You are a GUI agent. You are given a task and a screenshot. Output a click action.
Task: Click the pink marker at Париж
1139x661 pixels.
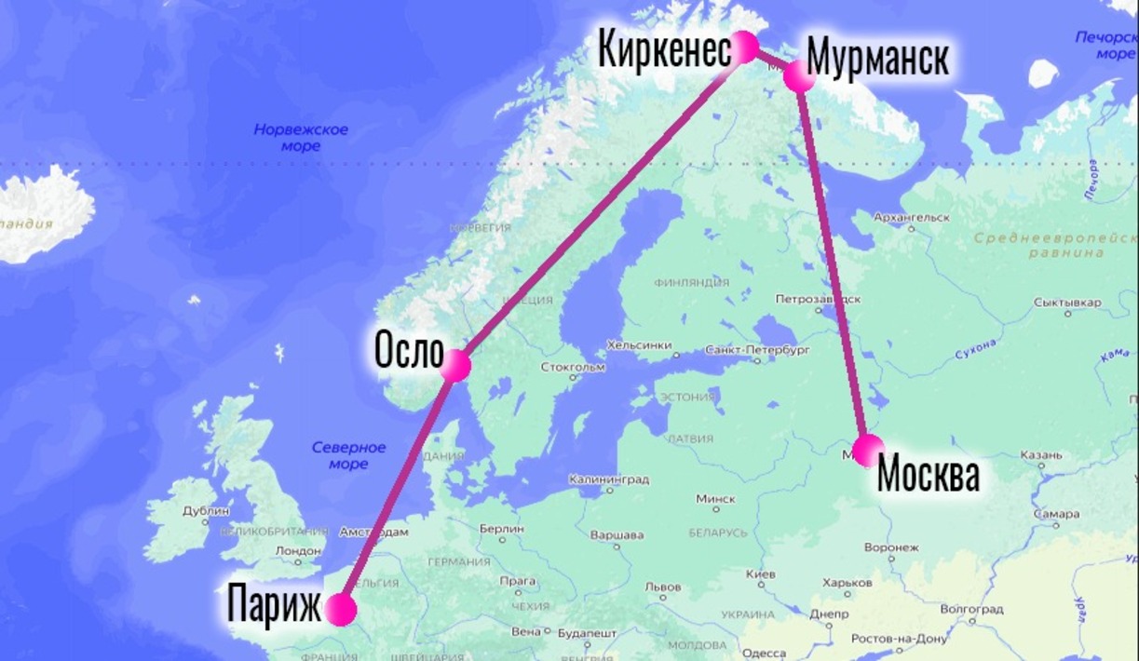coord(341,610)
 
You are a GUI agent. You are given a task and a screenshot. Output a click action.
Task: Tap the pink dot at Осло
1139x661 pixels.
coord(456,365)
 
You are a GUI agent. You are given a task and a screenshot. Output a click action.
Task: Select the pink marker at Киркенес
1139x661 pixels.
coord(745,47)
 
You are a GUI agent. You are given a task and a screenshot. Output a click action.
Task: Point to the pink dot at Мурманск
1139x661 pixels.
coord(799,75)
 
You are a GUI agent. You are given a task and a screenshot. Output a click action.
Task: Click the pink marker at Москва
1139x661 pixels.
coord(868,450)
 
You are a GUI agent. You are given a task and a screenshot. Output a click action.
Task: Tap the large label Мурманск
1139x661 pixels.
coord(877,58)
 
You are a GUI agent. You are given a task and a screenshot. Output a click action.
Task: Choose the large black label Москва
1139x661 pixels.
coord(929,475)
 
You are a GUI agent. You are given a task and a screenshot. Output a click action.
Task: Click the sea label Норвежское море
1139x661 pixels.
coord(301,138)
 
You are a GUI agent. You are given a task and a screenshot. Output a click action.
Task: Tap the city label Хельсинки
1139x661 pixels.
coord(639,345)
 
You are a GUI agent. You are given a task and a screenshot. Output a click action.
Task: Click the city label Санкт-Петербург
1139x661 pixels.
coord(757,350)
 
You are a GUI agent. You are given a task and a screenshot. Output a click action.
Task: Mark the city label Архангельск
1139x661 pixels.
coord(912,217)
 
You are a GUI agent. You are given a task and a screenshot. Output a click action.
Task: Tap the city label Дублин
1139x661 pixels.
coord(207,511)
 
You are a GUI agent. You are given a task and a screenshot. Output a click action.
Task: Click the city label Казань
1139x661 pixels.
coord(1040,455)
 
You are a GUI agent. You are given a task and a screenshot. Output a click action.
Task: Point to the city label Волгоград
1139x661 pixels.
coord(972,610)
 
